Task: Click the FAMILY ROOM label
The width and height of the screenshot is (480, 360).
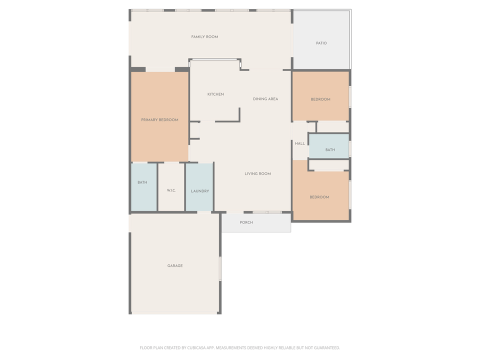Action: pos(204,37)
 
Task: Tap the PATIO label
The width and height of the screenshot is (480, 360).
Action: pos(321,43)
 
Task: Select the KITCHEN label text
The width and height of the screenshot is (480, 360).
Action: pos(215,94)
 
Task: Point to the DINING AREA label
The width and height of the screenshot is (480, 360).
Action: pos(265,99)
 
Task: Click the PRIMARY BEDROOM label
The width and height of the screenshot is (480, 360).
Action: pos(159,120)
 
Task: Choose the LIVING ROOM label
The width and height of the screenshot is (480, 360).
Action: pos(257,174)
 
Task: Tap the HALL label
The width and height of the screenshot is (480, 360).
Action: pos(299,144)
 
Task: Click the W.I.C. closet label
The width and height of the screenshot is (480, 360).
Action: pos(171,190)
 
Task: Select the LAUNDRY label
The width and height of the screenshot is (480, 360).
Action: pos(199,191)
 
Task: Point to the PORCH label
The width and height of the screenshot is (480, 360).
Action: pos(246,222)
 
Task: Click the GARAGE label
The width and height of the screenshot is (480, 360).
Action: pos(175,266)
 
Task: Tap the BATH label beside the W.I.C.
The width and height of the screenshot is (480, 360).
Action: pos(142,182)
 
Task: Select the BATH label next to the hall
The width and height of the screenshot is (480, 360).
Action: pos(330,150)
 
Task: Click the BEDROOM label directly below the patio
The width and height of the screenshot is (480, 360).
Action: pos(320,99)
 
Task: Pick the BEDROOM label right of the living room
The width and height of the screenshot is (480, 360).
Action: pos(319,197)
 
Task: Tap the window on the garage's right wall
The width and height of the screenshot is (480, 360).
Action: pos(220,268)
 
